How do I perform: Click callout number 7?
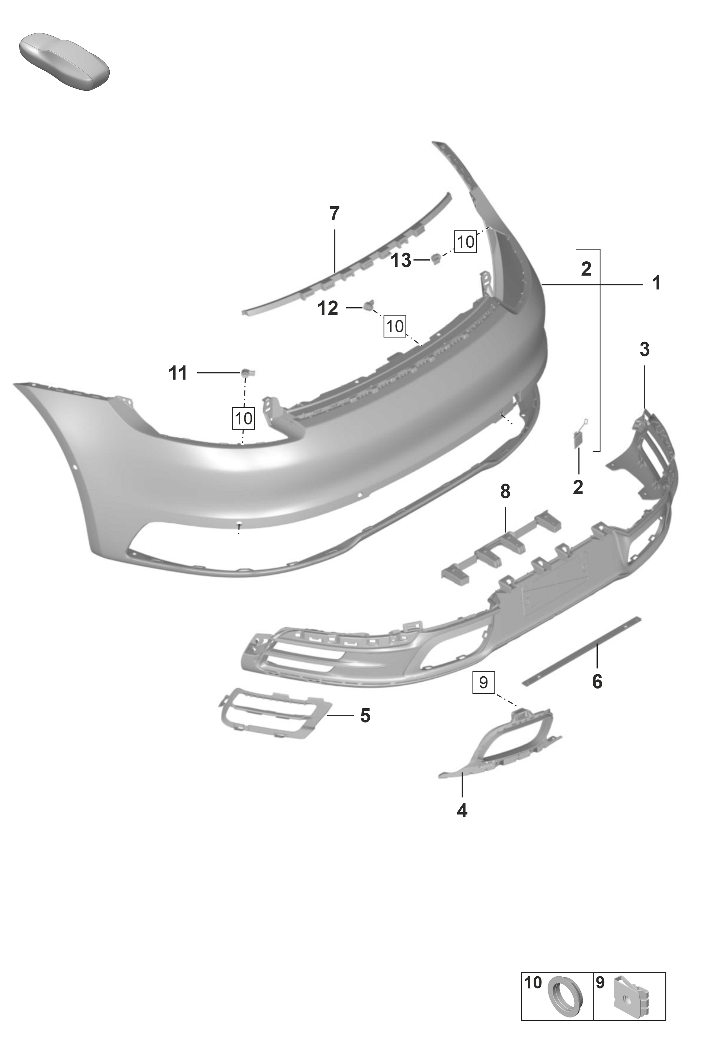coord(334,214)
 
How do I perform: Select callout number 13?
coord(401,260)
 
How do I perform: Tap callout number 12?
coord(328,308)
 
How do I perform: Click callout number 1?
coord(656,283)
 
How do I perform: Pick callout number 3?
coord(644,349)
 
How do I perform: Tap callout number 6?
coord(597,682)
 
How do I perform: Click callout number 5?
coord(365,716)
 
